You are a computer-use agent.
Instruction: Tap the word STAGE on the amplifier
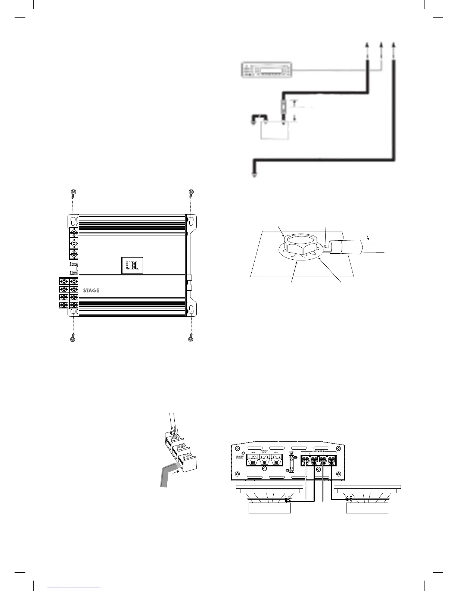[x=91, y=290]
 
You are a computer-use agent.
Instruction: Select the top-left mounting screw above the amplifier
[x=73, y=193]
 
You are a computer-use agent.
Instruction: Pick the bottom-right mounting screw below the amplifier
[x=192, y=338]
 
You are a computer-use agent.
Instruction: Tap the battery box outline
[x=274, y=130]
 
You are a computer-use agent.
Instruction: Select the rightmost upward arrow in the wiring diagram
[x=394, y=45]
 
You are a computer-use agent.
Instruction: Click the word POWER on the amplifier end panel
[x=264, y=450]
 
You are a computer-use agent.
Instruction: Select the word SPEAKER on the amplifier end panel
[x=318, y=451]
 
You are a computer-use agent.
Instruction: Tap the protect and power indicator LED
[x=243, y=453]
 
